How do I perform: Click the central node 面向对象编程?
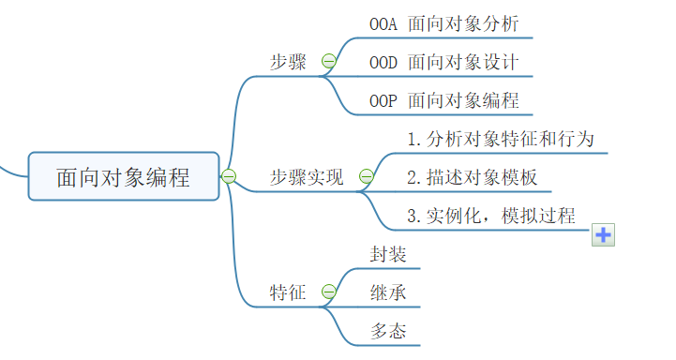click(x=124, y=176)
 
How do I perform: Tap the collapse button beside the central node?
click(x=229, y=175)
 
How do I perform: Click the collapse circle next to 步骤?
click(x=328, y=62)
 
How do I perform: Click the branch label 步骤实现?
click(x=308, y=176)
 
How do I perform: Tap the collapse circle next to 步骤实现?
click(x=366, y=176)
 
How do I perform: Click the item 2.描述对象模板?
click(x=473, y=176)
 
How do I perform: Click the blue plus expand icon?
click(x=603, y=235)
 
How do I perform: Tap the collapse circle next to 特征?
click(x=328, y=292)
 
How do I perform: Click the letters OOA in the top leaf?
click(x=384, y=23)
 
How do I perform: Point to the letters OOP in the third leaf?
click(x=384, y=100)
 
